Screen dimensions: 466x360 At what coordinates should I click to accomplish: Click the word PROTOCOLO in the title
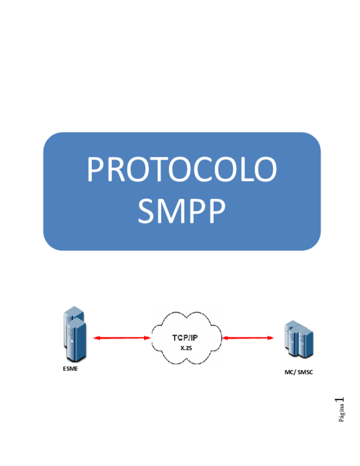click(x=182, y=170)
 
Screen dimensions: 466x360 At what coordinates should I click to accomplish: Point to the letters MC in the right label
click(x=289, y=373)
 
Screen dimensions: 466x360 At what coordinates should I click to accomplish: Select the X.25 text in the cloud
click(x=186, y=348)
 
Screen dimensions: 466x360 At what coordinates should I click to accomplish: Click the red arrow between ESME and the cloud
click(x=122, y=338)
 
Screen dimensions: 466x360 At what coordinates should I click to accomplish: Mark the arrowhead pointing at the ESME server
click(x=95, y=338)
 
